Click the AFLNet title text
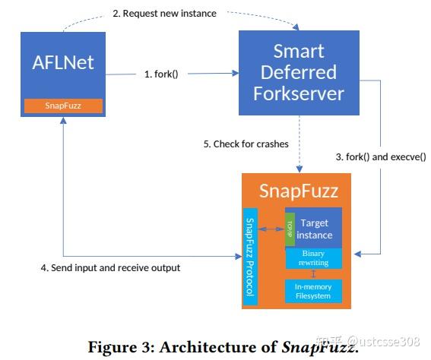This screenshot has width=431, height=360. click(63, 62)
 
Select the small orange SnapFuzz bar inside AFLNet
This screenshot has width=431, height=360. click(63, 106)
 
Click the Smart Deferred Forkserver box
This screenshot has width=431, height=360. click(298, 72)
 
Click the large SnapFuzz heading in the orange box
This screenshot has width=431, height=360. click(298, 191)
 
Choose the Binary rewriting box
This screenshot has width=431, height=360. click(313, 257)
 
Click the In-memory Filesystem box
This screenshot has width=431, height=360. click(313, 290)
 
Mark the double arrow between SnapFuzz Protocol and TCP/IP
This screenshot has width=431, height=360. click(271, 228)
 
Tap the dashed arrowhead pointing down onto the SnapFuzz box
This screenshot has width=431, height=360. click(298, 169)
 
